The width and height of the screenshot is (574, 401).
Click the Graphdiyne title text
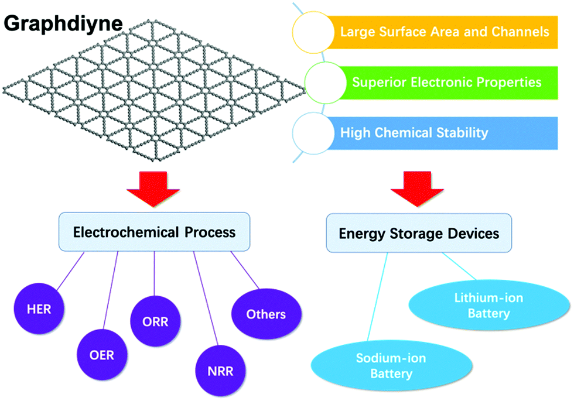coord(63,24)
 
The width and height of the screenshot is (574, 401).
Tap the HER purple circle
coord(39,309)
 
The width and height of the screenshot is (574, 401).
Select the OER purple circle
coord(102,355)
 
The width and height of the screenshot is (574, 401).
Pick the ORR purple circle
coord(155,321)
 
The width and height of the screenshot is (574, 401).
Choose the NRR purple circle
coord(220,371)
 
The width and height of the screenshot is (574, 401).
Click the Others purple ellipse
coord(266,314)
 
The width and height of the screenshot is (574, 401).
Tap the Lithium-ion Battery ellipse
coord(489,305)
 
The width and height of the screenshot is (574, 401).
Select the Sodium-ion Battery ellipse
coord(391,365)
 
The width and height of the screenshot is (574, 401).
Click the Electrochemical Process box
coord(154,232)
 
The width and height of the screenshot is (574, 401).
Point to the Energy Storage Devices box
coord(419,233)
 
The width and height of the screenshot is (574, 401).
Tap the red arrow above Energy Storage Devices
coord(417,188)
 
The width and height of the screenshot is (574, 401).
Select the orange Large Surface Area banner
coord(441,32)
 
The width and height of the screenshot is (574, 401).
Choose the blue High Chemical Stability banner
coord(441,133)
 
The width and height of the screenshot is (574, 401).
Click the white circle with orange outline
coord(313,32)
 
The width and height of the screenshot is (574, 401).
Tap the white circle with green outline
coord(325,83)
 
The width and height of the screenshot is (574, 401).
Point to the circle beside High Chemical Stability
coord(313,133)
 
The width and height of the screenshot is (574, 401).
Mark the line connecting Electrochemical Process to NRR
coord(206,299)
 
